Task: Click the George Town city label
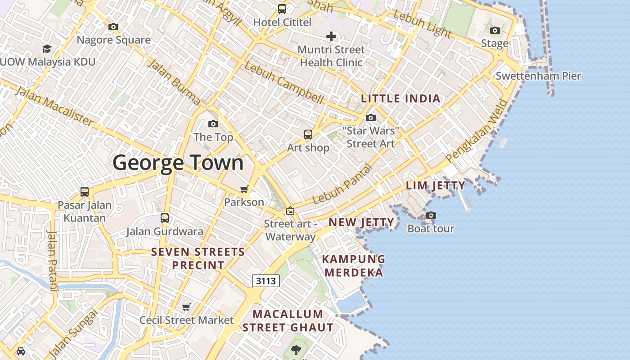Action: pyautogui.click(x=178, y=162)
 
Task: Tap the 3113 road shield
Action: pyautogui.click(x=265, y=281)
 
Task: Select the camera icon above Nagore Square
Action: pyautogui.click(x=113, y=27)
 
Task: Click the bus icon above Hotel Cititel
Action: pyautogui.click(x=282, y=9)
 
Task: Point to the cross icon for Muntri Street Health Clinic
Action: pyautogui.click(x=331, y=36)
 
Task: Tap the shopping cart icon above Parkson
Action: pyautogui.click(x=244, y=189)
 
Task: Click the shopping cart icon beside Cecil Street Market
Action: pyautogui.click(x=186, y=307)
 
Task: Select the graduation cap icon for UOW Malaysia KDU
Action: pyautogui.click(x=47, y=49)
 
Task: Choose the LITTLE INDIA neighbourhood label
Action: pyautogui.click(x=400, y=99)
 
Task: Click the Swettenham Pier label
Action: pyautogui.click(x=538, y=76)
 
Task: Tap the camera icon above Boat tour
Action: pyautogui.click(x=431, y=215)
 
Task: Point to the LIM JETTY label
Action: pyautogui.click(x=436, y=185)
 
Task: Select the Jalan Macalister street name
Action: pyautogui.click(x=54, y=106)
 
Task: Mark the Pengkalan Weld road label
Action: pyautogui.click(x=477, y=131)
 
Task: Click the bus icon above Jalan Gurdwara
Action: pyautogui.click(x=165, y=218)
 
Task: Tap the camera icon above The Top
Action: pyautogui.click(x=213, y=124)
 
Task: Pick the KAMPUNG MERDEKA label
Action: pyautogui.click(x=354, y=265)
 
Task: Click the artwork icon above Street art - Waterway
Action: pyautogui.click(x=290, y=210)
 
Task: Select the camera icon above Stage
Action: pyautogui.click(x=495, y=30)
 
